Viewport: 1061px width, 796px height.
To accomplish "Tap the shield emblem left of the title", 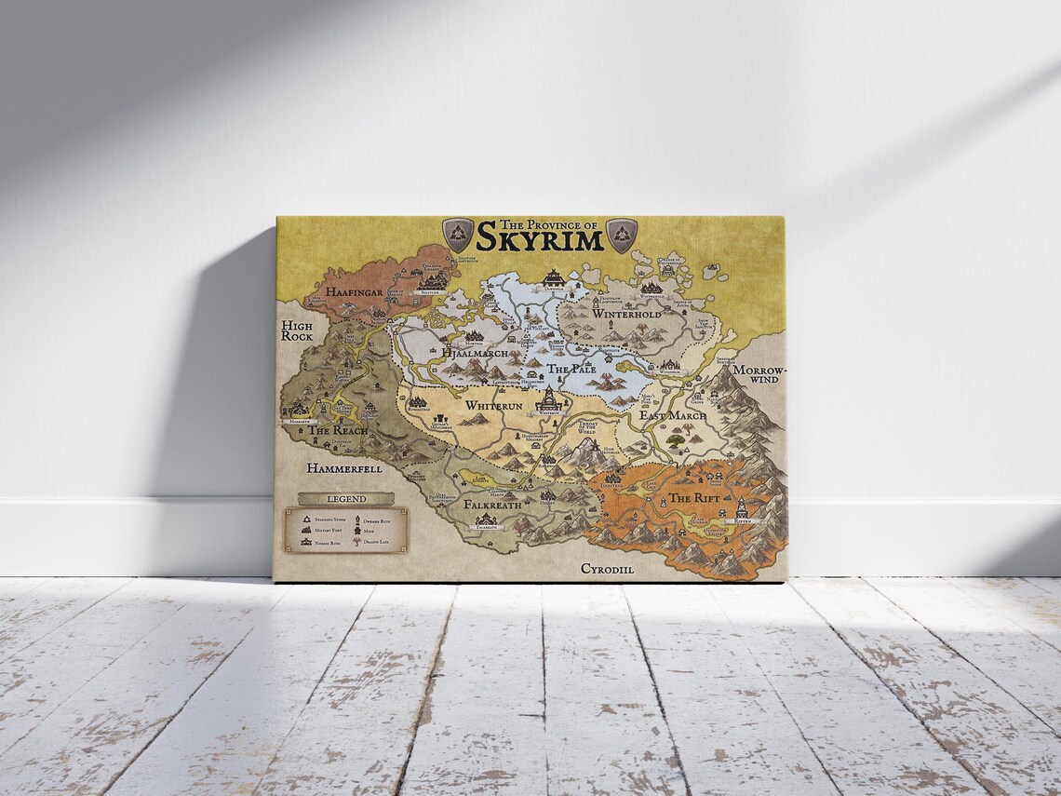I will tap(458, 235).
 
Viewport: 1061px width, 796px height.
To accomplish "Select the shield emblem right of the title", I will tap(621, 235).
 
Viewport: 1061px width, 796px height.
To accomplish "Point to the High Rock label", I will tap(297, 331).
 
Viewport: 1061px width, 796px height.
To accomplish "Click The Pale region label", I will tap(571, 370).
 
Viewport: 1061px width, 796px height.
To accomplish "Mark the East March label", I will tap(672, 415).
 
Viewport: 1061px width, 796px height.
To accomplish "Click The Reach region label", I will tap(338, 431).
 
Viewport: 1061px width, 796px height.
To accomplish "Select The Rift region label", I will tap(693, 498).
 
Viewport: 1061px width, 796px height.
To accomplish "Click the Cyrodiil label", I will tap(607, 568).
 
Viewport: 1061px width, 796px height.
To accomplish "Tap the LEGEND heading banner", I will tap(345, 499).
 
